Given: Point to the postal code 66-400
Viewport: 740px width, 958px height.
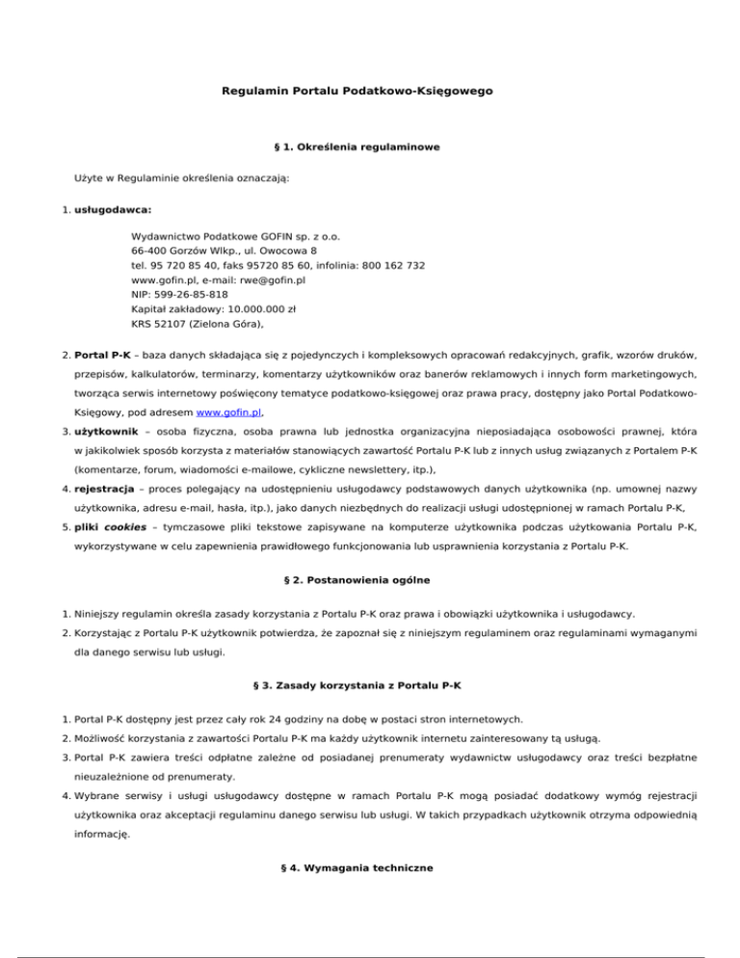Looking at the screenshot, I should (149, 251).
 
